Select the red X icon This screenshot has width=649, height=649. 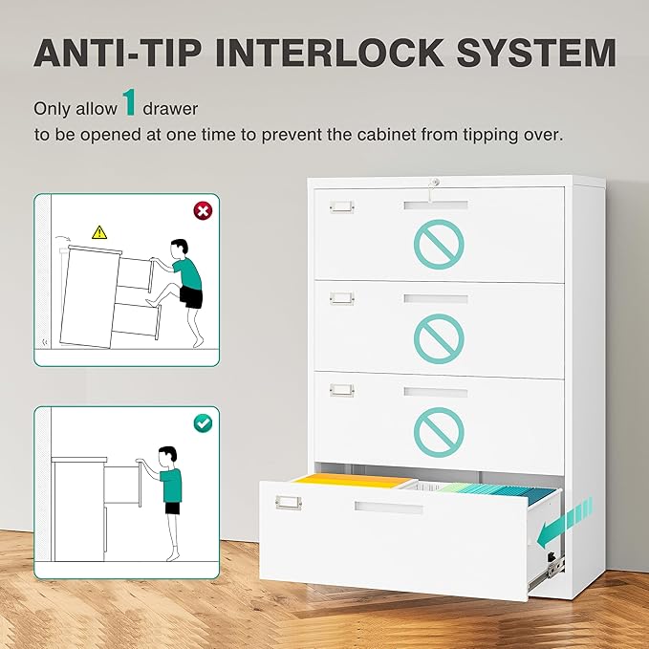point(202,210)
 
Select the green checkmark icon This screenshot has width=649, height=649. point(202,422)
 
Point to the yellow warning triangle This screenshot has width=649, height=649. point(99,231)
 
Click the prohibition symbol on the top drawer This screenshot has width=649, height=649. point(439,243)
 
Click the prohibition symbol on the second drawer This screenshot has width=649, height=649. point(439,335)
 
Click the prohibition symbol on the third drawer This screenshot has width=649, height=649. point(439,429)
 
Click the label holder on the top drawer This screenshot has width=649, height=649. point(340,207)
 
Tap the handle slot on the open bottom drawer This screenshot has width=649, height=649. point(388,507)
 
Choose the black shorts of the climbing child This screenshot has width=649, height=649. point(191,298)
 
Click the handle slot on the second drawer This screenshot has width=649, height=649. point(436,299)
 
